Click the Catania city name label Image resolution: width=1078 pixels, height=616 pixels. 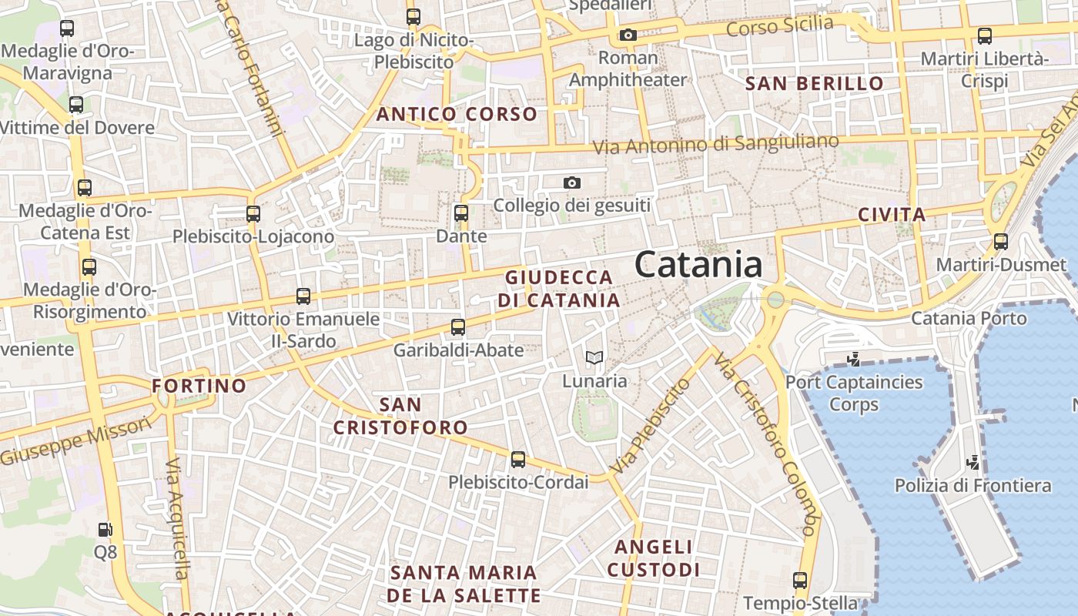pyautogui.click(x=698, y=264)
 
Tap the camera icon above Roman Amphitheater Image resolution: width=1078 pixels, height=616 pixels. pyautogui.click(x=628, y=35)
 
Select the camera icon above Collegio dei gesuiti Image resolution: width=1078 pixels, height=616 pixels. pyautogui.click(x=571, y=182)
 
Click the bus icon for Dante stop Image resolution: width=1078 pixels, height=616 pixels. pyautogui.click(x=461, y=213)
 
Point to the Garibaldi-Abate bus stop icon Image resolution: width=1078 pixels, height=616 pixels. pyautogui.click(x=458, y=327)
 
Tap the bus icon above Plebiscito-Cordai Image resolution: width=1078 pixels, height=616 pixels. pyautogui.click(x=518, y=460)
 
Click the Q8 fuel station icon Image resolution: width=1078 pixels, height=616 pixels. pyautogui.click(x=105, y=530)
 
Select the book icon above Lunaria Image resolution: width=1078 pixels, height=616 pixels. pyautogui.click(x=594, y=357)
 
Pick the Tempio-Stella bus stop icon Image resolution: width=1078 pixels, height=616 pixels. pyautogui.click(x=800, y=581)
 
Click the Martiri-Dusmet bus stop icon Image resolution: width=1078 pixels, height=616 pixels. pyautogui.click(x=1001, y=242)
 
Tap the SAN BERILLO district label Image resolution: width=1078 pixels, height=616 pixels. pyautogui.click(x=815, y=84)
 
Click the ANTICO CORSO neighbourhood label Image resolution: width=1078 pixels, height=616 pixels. pyautogui.click(x=457, y=115)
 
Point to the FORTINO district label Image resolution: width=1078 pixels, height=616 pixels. pyautogui.click(x=199, y=386)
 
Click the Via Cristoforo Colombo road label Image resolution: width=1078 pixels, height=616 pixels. pyautogui.click(x=765, y=445)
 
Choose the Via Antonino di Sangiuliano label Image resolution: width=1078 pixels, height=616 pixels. pyautogui.click(x=715, y=144)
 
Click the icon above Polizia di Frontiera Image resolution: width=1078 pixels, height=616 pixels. pyautogui.click(x=973, y=463)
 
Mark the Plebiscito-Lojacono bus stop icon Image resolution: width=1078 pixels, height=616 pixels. pyautogui.click(x=253, y=214)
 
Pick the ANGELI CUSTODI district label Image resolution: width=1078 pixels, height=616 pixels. pyautogui.click(x=653, y=558)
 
